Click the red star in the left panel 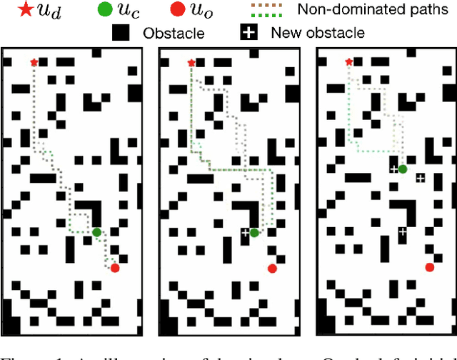34,63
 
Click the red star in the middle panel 191,63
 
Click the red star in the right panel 348,63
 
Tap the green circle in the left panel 96,231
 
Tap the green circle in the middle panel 253,232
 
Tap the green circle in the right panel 403,169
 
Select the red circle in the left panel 115,268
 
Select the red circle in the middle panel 272,268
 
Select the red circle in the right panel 429,267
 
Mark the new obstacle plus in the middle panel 245,232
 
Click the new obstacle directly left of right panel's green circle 393,169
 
